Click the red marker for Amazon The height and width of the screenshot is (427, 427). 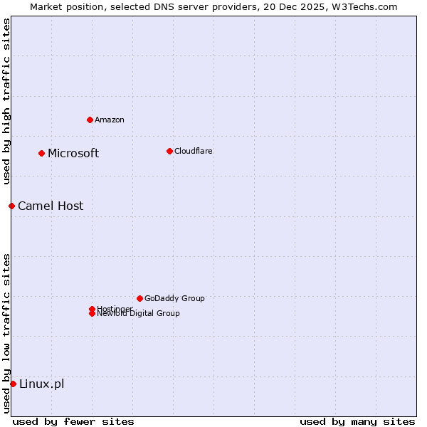coord(90,120)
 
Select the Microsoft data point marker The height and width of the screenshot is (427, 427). coord(42,153)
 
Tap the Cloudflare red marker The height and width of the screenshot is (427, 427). coord(169,151)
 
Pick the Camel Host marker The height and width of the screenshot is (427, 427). coord(12,206)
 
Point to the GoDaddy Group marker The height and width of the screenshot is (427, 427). coord(139,298)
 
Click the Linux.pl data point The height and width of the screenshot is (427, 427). coord(13,384)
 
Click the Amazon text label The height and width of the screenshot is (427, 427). coord(110,120)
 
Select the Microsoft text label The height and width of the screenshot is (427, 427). coord(73,154)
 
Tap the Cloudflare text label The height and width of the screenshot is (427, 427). coord(194,151)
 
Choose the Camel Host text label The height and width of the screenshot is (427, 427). coord(51,206)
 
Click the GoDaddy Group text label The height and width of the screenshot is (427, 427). coord(174,298)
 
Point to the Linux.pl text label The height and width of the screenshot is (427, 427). coord(41,384)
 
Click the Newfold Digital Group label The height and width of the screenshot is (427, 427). coord(139,314)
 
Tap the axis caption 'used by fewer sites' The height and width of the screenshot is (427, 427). coord(73,421)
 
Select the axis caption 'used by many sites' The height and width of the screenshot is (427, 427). coord(357,421)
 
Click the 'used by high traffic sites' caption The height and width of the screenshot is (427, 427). coord(6,102)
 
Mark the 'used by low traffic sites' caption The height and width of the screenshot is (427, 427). coord(6,333)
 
